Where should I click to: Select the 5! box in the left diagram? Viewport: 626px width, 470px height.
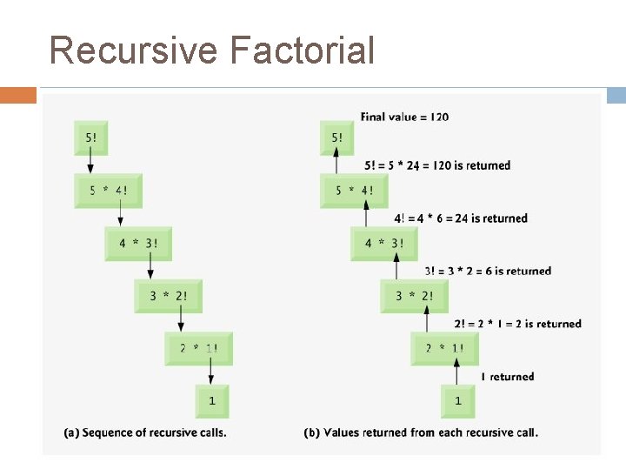coord(91,138)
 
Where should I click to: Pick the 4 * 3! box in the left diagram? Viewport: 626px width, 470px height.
coord(138,244)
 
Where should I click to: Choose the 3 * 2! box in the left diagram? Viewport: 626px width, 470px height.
coord(169,296)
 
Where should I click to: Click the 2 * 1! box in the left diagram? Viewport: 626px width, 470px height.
coord(199,349)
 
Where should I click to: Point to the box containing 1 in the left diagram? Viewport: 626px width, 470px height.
coord(212,401)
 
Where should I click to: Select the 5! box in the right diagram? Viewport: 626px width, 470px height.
coord(336,138)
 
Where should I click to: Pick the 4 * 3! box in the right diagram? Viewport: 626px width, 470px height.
coord(383,244)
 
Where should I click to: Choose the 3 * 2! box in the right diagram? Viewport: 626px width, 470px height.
coord(414,296)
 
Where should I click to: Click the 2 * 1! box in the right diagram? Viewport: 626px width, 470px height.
coord(444,349)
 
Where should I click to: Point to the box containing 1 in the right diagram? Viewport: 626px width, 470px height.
coord(457,401)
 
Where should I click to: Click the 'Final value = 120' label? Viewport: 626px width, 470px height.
coord(404,117)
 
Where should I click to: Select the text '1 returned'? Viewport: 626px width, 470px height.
coord(507,377)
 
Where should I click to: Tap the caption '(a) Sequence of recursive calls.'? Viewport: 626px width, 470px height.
coord(145,433)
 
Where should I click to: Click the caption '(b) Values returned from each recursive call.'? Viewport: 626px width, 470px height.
coord(421,433)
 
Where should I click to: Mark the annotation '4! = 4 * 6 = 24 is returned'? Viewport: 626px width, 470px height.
coord(461,218)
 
